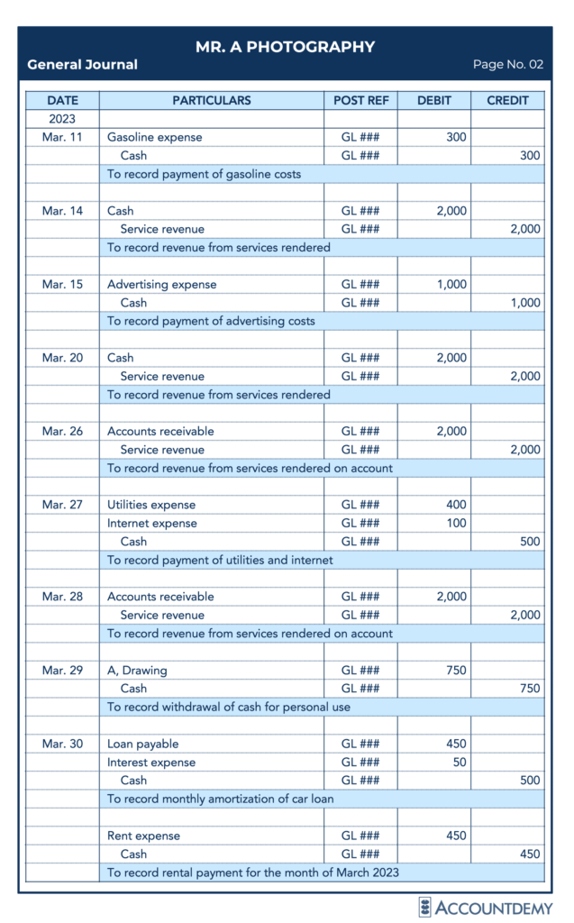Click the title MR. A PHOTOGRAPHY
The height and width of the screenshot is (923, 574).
[x=285, y=47]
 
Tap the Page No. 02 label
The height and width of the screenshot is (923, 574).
[x=508, y=65]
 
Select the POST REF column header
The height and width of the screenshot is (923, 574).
[x=360, y=100]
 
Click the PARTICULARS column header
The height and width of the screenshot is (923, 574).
[x=211, y=100]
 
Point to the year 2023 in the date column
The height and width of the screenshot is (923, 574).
[x=62, y=119]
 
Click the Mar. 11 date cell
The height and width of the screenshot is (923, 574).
[x=62, y=137]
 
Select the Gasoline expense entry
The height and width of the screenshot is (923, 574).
[x=154, y=137]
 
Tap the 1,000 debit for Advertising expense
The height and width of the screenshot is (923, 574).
[x=451, y=284]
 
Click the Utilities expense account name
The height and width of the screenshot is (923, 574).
[x=150, y=505]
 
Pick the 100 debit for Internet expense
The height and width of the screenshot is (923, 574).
[x=456, y=523]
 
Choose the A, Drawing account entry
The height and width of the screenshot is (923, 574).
[x=137, y=670]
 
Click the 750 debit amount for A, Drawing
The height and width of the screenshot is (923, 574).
[x=456, y=670]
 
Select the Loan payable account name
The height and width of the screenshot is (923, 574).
[x=142, y=744]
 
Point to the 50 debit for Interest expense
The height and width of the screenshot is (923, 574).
[x=459, y=763]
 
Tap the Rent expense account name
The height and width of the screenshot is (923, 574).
[x=143, y=836]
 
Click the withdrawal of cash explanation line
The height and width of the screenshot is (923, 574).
[x=228, y=707]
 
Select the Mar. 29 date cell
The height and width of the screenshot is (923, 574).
[x=62, y=670]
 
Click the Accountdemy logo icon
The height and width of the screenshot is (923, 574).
[x=425, y=906]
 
